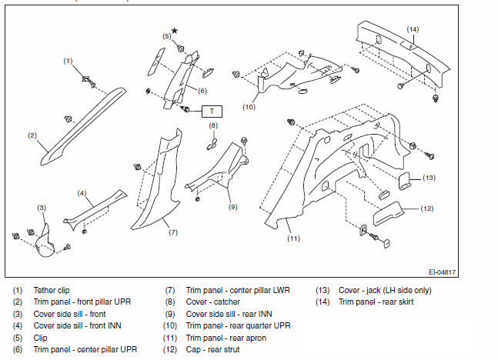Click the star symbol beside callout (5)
[x=175, y=31]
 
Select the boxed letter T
[x=212, y=112]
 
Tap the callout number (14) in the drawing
[x=413, y=29]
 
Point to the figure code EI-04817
[x=442, y=272]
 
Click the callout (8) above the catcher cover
[x=213, y=125]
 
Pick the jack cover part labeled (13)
[x=405, y=182]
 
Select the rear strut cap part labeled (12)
[x=388, y=213]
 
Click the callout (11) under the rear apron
[x=293, y=238]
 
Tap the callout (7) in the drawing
[x=173, y=232]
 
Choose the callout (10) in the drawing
[x=249, y=107]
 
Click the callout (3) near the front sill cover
[x=42, y=208]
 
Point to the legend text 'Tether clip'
[x=52, y=290]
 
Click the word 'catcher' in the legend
[x=226, y=302]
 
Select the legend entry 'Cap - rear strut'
[x=212, y=349]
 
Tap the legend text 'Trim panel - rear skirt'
[x=376, y=302]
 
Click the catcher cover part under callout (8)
[x=212, y=144]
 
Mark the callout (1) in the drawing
[x=68, y=61]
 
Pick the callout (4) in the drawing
[x=82, y=193]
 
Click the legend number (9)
[x=170, y=315]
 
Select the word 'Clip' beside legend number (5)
[x=40, y=338]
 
